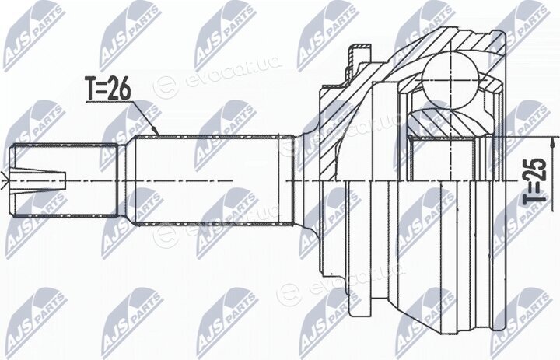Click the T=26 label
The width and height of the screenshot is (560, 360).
[107, 88]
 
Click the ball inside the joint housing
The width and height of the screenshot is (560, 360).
[450, 79]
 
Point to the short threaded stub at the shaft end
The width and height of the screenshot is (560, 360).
[65, 180]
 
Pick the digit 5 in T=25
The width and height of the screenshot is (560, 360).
[535, 165]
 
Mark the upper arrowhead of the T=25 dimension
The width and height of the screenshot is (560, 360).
[553, 143]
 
